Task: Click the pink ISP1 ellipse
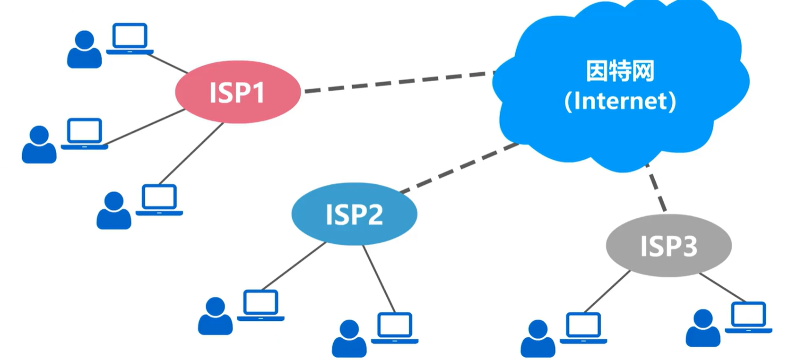(238, 92)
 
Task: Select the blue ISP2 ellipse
(354, 214)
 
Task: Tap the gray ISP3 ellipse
(668, 245)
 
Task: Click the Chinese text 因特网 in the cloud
(620, 71)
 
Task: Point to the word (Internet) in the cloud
(620, 101)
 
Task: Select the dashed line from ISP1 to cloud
(397, 82)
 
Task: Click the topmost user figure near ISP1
(85, 50)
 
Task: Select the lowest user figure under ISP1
(114, 211)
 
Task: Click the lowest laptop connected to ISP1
(159, 200)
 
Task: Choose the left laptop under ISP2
(260, 305)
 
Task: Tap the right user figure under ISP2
(349, 339)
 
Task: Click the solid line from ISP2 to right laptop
(379, 279)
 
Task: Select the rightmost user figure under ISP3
(703, 328)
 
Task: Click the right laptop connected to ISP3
(748, 317)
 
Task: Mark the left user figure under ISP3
(538, 339)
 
